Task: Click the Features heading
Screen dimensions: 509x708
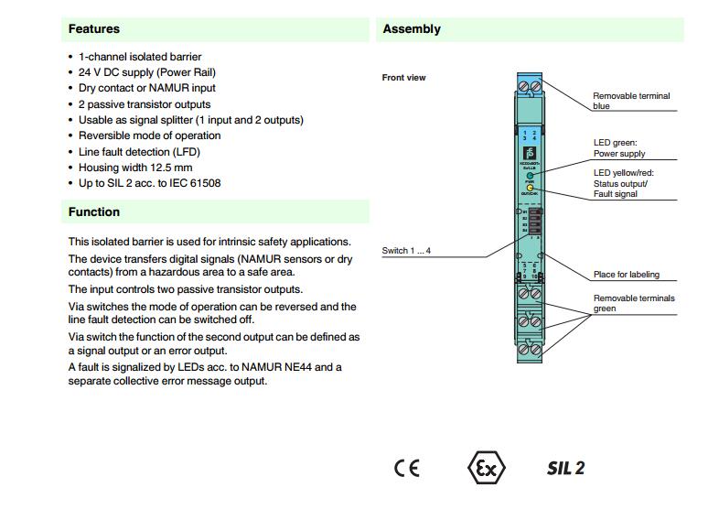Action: [x=93, y=28]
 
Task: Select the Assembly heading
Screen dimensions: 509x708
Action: [x=412, y=28]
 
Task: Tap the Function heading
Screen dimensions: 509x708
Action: [x=93, y=211]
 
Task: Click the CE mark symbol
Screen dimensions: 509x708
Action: [x=407, y=468]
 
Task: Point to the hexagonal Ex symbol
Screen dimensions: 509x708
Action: [x=486, y=468]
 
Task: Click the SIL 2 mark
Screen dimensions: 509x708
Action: [x=565, y=468]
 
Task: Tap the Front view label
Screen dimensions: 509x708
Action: [x=403, y=78]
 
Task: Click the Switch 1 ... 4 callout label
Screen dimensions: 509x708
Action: [x=406, y=251]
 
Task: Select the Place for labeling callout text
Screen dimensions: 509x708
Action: [x=626, y=275]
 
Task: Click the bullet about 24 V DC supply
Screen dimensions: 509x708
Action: [x=146, y=72]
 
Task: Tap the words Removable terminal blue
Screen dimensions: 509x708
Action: [x=631, y=101]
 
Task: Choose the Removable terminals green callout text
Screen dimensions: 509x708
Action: [x=634, y=303]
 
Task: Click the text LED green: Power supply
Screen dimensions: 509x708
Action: [x=619, y=148]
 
